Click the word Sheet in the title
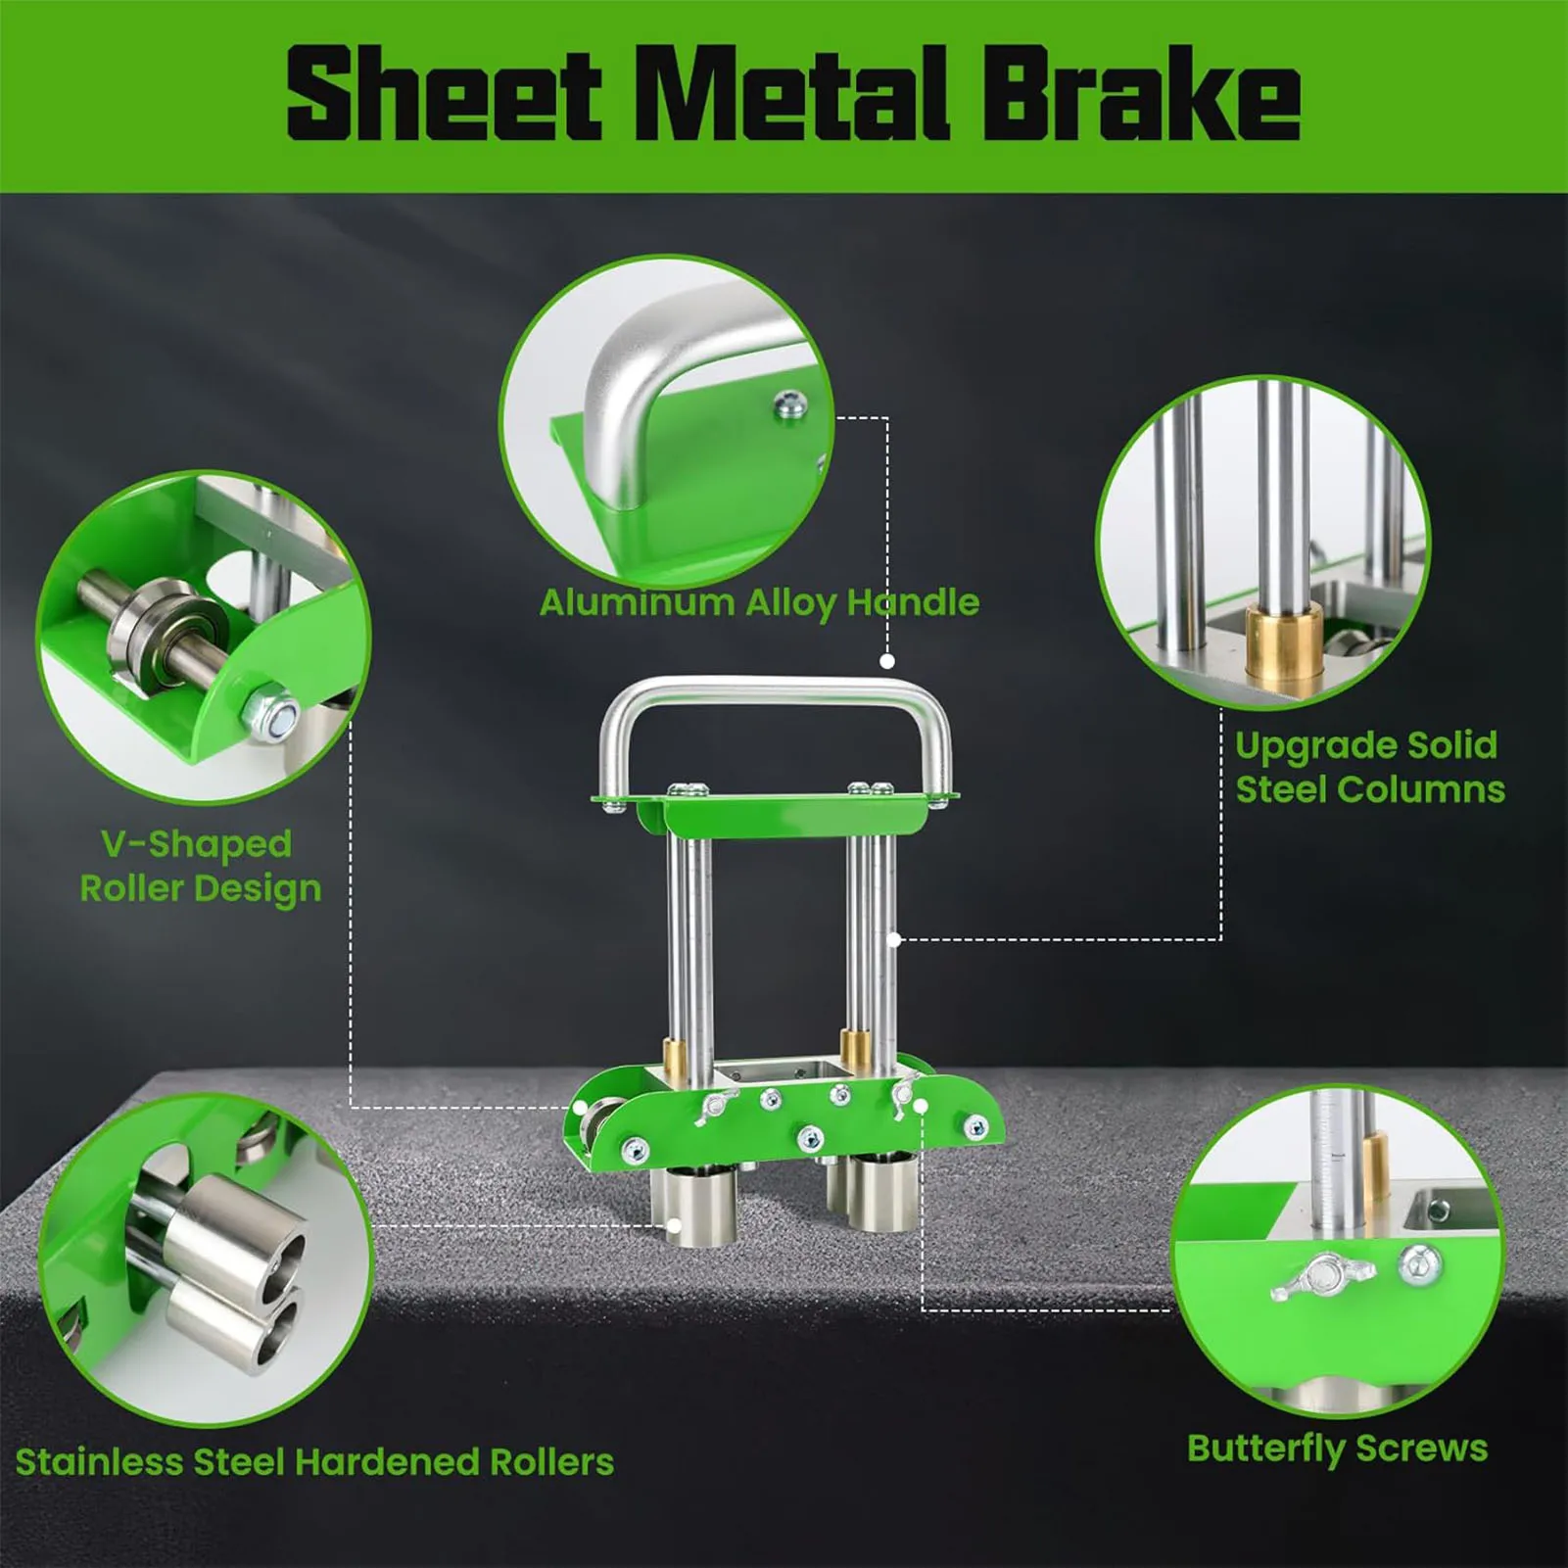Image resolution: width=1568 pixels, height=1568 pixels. tap(444, 95)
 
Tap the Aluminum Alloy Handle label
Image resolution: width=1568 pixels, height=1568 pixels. tap(759, 602)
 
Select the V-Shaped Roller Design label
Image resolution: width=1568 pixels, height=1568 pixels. tap(200, 866)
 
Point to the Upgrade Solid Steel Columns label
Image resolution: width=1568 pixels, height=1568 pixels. tap(1369, 767)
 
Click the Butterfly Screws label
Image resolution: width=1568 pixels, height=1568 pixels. tap(1337, 1448)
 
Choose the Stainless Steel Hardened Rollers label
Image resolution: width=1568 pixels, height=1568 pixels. tap(314, 1462)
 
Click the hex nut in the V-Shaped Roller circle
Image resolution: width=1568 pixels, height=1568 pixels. tap(273, 711)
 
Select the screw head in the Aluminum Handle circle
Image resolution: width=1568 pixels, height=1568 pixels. tap(789, 403)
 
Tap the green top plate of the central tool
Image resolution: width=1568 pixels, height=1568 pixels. tap(774, 811)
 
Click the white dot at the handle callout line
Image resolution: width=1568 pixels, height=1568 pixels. tap(887, 661)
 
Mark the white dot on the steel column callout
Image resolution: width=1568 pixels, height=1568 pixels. tap(894, 940)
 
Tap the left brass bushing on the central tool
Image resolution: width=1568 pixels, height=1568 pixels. tap(676, 1058)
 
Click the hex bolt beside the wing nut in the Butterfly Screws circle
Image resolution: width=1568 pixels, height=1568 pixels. tap(1419, 1264)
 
